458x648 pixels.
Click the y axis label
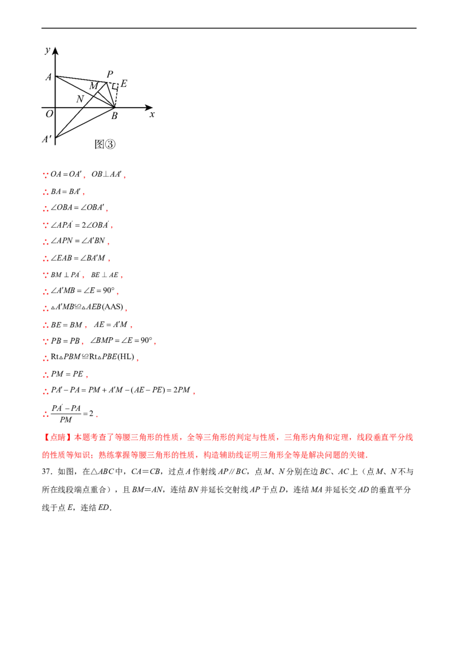tap(48, 50)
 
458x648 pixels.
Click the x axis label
tap(152, 114)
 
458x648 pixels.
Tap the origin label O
tap(49, 113)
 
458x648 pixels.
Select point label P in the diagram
tap(110, 74)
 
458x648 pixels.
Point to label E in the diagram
tap(124, 84)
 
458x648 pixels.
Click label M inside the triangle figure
tap(94, 86)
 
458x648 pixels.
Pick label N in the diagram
tap(80, 99)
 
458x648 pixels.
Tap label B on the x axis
tap(114, 116)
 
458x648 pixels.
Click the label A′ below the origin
tap(47, 139)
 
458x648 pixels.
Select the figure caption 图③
tap(105, 144)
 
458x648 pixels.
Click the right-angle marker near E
tap(115, 86)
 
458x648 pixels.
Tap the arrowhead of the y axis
tap(56, 51)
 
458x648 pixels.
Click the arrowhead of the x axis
tap(149, 108)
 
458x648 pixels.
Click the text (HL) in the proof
tap(125, 357)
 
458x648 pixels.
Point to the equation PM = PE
tap(67, 374)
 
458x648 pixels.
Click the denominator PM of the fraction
tap(66, 420)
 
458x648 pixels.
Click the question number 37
tap(47, 472)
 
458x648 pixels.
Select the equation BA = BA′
tap(66, 192)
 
